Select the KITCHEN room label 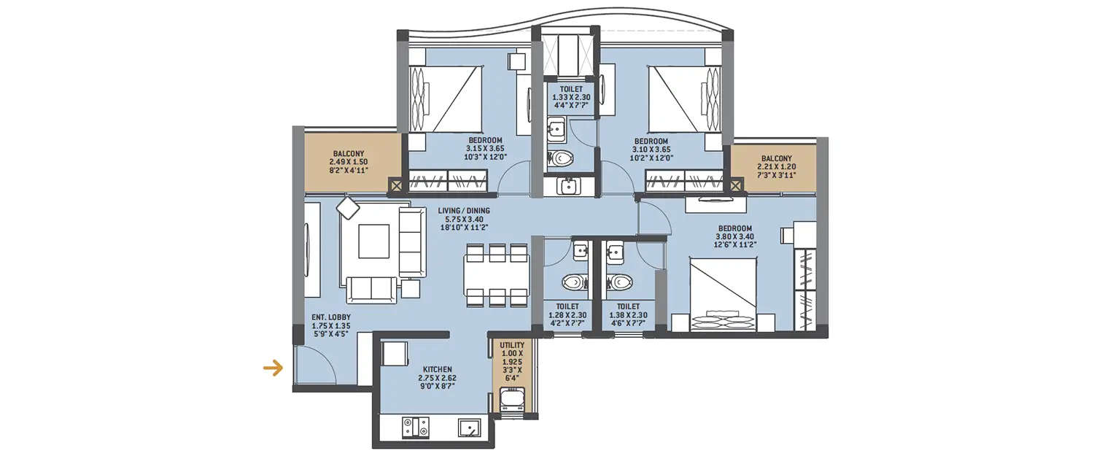(436, 370)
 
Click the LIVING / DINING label (464, 211)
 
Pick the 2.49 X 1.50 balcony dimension (349, 162)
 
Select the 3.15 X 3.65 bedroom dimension (485, 149)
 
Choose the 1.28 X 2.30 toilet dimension (567, 315)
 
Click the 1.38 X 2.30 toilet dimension (628, 315)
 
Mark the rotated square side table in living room (348, 209)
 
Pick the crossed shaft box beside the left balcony (397, 186)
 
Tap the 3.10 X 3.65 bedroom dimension (651, 149)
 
